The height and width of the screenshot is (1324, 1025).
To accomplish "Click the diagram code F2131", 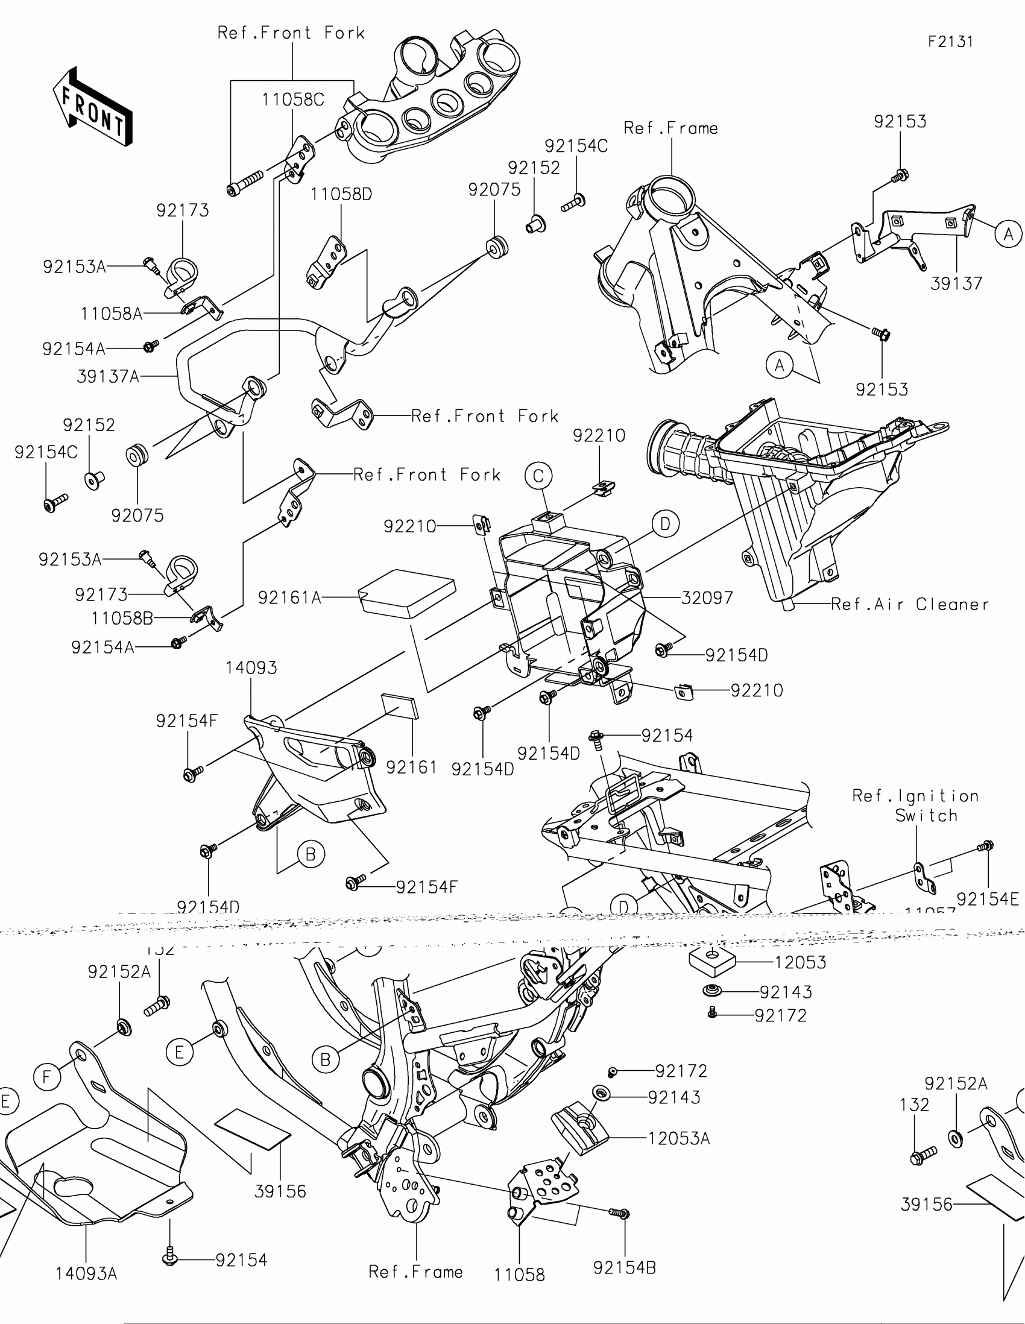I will (x=950, y=42).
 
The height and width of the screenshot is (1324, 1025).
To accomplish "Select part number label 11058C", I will (x=293, y=99).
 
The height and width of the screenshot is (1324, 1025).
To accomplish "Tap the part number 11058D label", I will (x=341, y=195).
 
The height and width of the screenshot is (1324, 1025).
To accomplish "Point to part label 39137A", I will (x=108, y=376).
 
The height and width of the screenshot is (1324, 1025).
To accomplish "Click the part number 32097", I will (x=707, y=597).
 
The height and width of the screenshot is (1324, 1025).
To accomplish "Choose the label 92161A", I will (x=290, y=597).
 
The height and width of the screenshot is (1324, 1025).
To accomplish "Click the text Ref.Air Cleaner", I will (x=909, y=604).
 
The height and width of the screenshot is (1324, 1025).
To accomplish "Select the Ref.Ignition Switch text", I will (x=915, y=805).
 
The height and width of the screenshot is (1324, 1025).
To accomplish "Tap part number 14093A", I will (x=86, y=1274).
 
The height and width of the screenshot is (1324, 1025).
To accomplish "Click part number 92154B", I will (x=624, y=1267).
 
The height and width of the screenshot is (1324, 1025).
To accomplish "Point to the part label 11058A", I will (x=112, y=314).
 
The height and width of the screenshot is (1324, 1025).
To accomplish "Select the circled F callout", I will (x=46, y=1077).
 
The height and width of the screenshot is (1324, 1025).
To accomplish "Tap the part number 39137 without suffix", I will (x=956, y=283).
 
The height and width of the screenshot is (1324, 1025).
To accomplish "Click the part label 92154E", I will (x=988, y=899).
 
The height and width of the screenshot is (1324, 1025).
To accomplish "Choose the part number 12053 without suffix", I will (x=800, y=962).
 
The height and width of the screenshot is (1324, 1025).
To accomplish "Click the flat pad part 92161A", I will (x=408, y=592).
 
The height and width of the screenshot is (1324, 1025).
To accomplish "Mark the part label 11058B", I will (x=122, y=619).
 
